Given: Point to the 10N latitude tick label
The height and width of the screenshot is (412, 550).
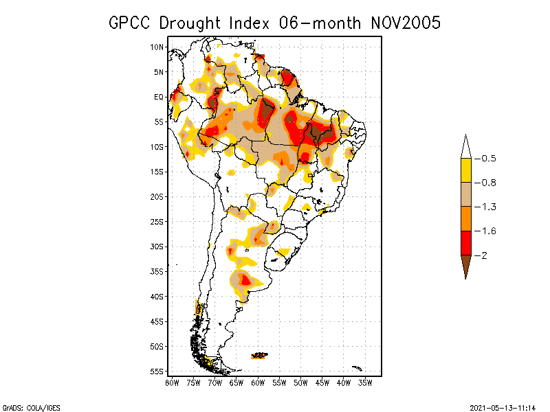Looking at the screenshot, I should pyautogui.click(x=157, y=47).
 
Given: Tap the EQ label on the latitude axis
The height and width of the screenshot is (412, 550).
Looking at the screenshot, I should pyautogui.click(x=159, y=97).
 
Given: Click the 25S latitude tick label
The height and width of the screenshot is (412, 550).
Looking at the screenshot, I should pyautogui.click(x=157, y=221).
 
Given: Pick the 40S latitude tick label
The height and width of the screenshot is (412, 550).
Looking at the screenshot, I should pyautogui.click(x=157, y=296).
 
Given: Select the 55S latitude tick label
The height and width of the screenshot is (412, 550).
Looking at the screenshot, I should pyautogui.click(x=157, y=371).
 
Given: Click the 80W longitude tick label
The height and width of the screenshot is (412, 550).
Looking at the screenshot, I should pyautogui.click(x=173, y=382).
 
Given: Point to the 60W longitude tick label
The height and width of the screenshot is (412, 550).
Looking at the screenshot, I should pyautogui.click(x=258, y=382).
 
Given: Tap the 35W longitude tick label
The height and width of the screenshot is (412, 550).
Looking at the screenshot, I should pyautogui.click(x=364, y=382).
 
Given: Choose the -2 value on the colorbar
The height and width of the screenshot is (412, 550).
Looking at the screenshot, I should pyautogui.click(x=484, y=255).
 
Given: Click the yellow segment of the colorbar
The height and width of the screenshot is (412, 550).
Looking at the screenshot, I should pyautogui.click(x=465, y=170).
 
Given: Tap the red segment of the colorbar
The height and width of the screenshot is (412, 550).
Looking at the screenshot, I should pyautogui.click(x=465, y=242).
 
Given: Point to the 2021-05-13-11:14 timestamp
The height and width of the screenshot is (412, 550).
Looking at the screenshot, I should pyautogui.click(x=502, y=407).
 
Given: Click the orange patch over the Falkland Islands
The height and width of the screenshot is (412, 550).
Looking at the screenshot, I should pyautogui.click(x=259, y=355).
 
